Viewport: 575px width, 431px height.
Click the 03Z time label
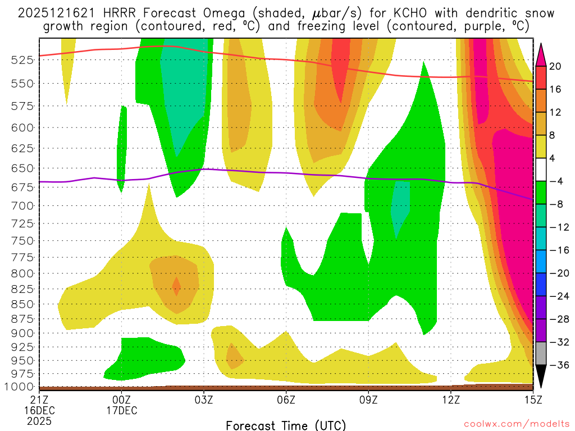pyautogui.click(x=204, y=400)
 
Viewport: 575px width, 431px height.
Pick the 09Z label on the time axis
pyautogui.click(x=368, y=400)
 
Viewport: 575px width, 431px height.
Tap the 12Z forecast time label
pyautogui.click(x=451, y=400)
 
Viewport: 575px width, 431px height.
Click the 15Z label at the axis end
pyautogui.click(x=533, y=400)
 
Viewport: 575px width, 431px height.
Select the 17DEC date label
pyautogui.click(x=122, y=410)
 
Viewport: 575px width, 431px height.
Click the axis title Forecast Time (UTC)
pyautogui.click(x=286, y=425)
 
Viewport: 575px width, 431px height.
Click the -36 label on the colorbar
pyautogui.click(x=557, y=365)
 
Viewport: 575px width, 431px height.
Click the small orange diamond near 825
pyautogui.click(x=176, y=287)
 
